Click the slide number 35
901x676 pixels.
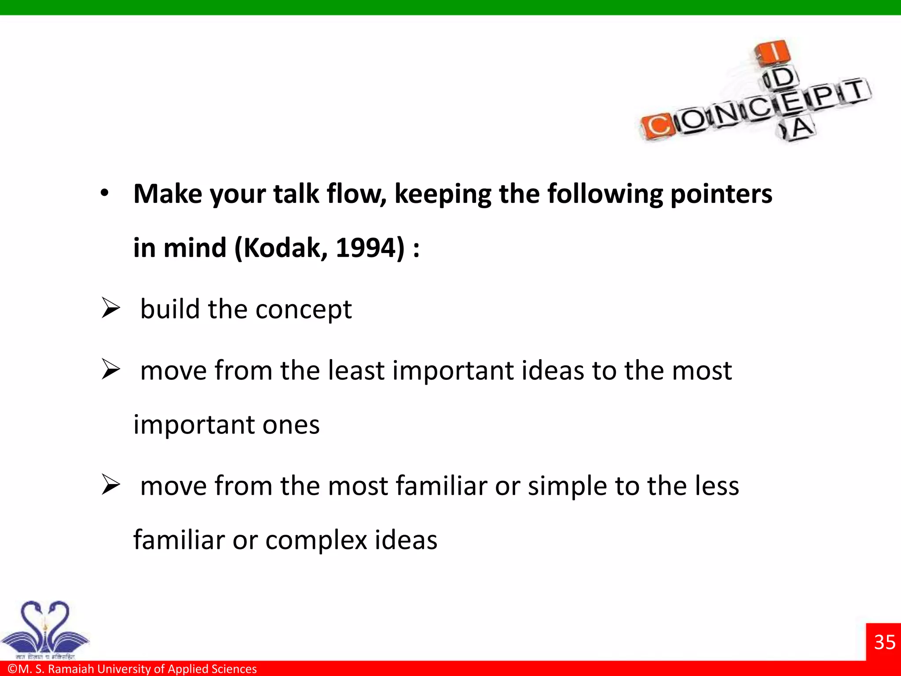884,642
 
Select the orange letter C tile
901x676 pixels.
657,126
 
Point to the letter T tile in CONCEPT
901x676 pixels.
855,90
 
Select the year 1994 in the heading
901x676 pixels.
365,248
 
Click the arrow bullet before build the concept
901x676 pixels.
110,308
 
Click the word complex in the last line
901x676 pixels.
316,540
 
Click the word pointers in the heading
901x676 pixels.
721,195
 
